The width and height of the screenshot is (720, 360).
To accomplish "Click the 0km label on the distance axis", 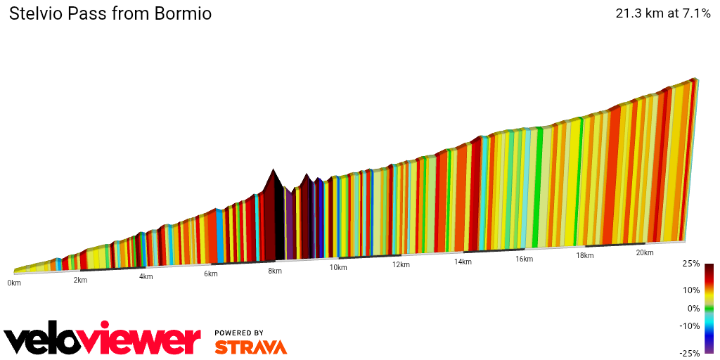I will [14, 283].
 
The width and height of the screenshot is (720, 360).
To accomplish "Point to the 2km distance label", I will [80, 280].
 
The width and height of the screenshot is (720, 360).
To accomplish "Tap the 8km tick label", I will [275, 271].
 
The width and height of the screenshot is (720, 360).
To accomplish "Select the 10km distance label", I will [338, 268].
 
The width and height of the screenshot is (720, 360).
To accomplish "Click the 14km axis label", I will [463, 262].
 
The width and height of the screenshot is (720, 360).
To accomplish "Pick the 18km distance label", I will [585, 255].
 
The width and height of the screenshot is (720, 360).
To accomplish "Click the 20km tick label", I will [645, 252].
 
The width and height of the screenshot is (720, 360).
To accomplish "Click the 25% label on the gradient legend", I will [691, 264].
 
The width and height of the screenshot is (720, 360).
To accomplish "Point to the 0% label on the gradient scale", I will [693, 308].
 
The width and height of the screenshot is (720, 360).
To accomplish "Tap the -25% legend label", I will [690, 353].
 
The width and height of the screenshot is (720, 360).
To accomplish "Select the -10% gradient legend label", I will [690, 326].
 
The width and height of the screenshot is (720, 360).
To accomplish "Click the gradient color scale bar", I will [709, 308].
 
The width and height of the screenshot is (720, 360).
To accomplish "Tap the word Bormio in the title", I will [182, 14].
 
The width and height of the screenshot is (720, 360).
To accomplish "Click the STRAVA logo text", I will [250, 347].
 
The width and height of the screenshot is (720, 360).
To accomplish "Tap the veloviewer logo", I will [102, 340].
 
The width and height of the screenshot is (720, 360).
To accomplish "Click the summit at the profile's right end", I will [694, 79].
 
